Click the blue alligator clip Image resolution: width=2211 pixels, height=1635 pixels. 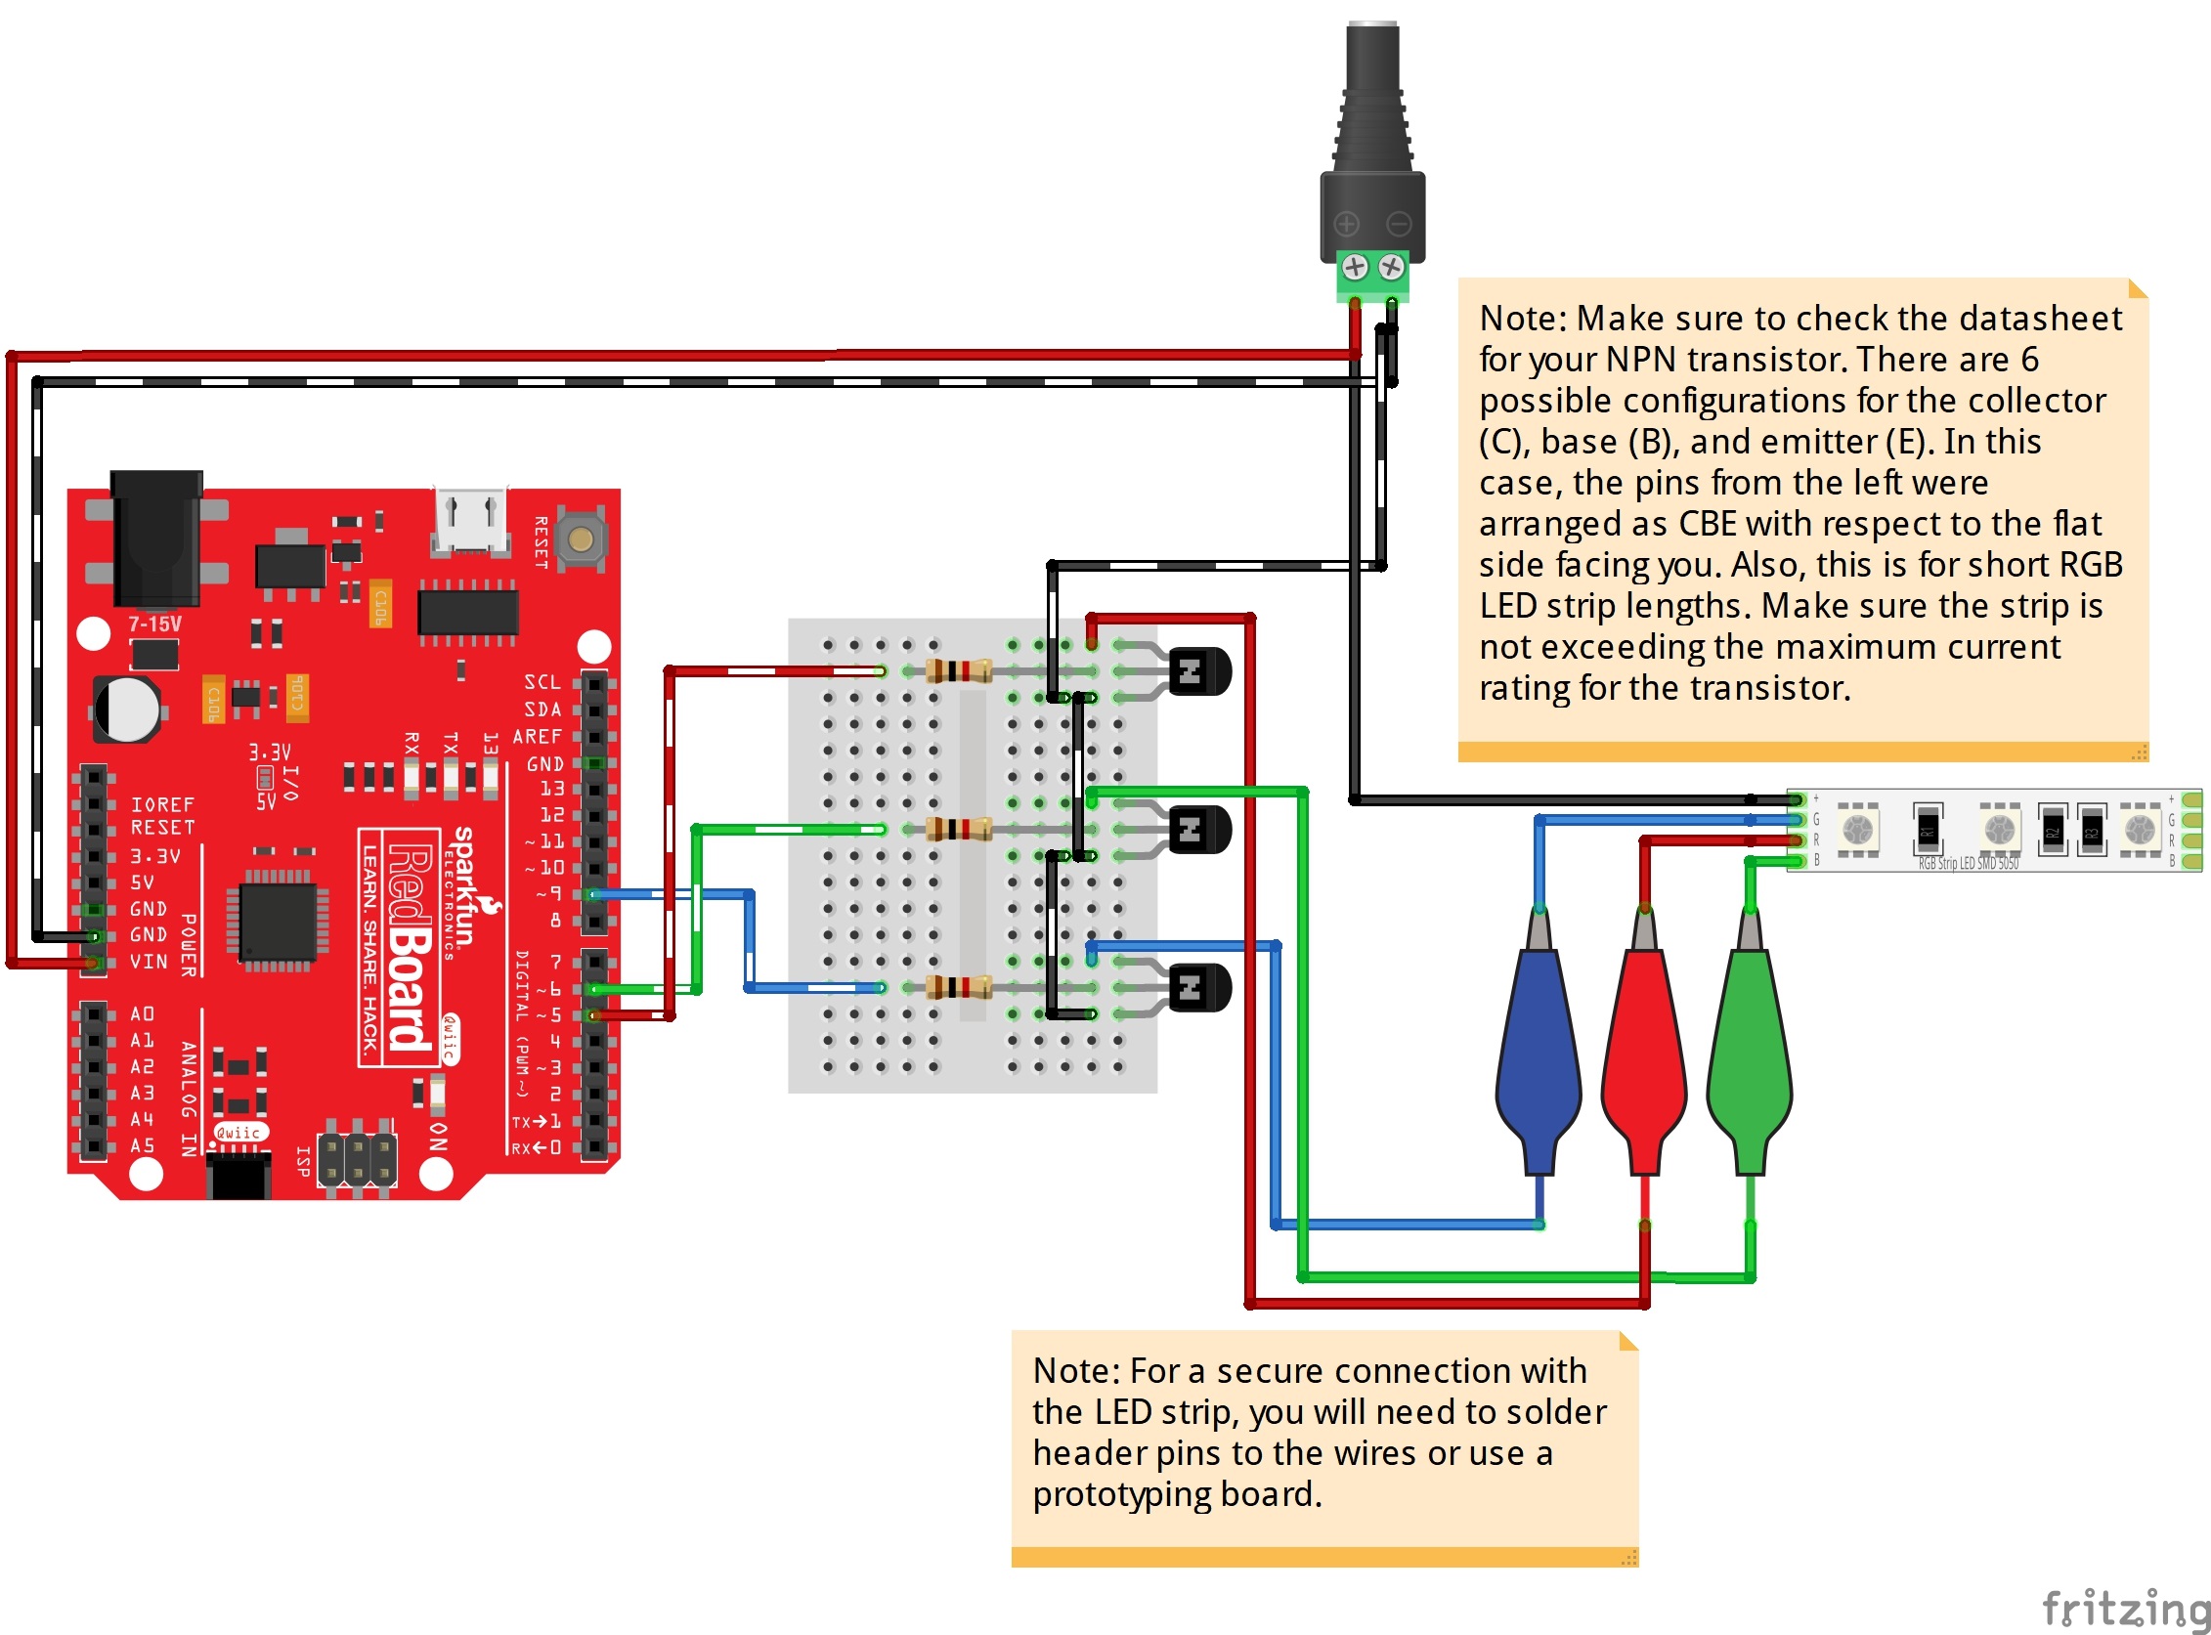click(x=1538, y=1049)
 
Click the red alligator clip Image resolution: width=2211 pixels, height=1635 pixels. click(x=1644, y=1049)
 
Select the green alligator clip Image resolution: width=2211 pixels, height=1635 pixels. click(x=1750, y=1049)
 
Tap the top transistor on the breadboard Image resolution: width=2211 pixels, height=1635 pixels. click(x=1198, y=672)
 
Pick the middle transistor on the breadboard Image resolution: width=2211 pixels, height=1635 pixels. click(x=1198, y=830)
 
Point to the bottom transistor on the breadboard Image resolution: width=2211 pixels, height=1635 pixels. click(x=1198, y=988)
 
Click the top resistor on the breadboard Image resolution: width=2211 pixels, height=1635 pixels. click(x=958, y=672)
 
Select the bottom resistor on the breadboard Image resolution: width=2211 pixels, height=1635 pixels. click(x=958, y=988)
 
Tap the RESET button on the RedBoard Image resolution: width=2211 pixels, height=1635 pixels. click(x=581, y=539)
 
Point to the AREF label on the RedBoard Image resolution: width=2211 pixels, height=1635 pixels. click(x=538, y=737)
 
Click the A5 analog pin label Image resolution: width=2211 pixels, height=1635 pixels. click(x=143, y=1146)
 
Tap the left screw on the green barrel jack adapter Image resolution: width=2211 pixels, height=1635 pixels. click(x=1355, y=266)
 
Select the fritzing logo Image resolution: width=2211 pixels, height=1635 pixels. click(x=2124, y=1608)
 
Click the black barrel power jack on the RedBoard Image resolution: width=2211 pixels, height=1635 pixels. click(x=156, y=539)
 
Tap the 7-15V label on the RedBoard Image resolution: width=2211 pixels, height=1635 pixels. click(x=154, y=624)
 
